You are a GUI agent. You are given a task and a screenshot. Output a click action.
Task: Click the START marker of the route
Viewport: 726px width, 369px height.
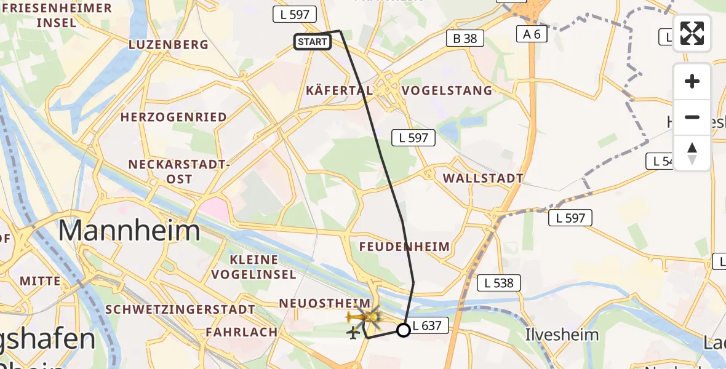pyautogui.click(x=313, y=42)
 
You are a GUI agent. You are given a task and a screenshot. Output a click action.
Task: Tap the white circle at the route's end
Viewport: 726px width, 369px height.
pyautogui.click(x=403, y=330)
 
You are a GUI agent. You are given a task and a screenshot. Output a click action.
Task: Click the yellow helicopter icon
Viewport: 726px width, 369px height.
pyautogui.click(x=365, y=317)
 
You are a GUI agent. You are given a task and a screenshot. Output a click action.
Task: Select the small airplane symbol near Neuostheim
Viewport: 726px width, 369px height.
pyautogui.click(x=353, y=333)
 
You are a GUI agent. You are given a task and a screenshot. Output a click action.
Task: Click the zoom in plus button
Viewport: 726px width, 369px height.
pyautogui.click(x=692, y=81)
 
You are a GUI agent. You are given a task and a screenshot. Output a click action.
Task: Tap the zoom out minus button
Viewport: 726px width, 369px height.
pyautogui.click(x=692, y=117)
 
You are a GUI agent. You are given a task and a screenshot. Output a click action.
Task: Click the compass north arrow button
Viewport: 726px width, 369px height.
pyautogui.click(x=692, y=153)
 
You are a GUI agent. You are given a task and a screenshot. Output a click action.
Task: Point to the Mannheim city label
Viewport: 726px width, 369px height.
pyautogui.click(x=129, y=231)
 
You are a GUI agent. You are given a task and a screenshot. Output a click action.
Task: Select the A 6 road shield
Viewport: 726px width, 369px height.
pyautogui.click(x=532, y=34)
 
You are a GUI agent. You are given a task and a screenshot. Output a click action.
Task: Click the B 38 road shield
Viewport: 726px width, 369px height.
pyautogui.click(x=465, y=38)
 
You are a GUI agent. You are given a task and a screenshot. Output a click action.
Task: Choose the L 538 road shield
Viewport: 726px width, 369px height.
pyautogui.click(x=499, y=283)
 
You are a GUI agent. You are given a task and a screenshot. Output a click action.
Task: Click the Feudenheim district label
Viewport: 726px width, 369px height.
pyautogui.click(x=405, y=247)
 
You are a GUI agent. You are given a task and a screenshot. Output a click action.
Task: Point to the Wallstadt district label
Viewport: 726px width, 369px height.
pyautogui.click(x=483, y=178)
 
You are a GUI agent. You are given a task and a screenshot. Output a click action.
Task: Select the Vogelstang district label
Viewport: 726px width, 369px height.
pyautogui.click(x=447, y=90)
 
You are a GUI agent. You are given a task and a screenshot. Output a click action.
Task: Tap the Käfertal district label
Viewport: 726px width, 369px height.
pyautogui.click(x=339, y=90)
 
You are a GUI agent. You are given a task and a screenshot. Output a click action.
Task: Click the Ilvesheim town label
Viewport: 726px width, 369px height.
pyautogui.click(x=561, y=335)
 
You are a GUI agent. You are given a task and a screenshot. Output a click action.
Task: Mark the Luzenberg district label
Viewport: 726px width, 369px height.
pyautogui.click(x=168, y=45)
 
